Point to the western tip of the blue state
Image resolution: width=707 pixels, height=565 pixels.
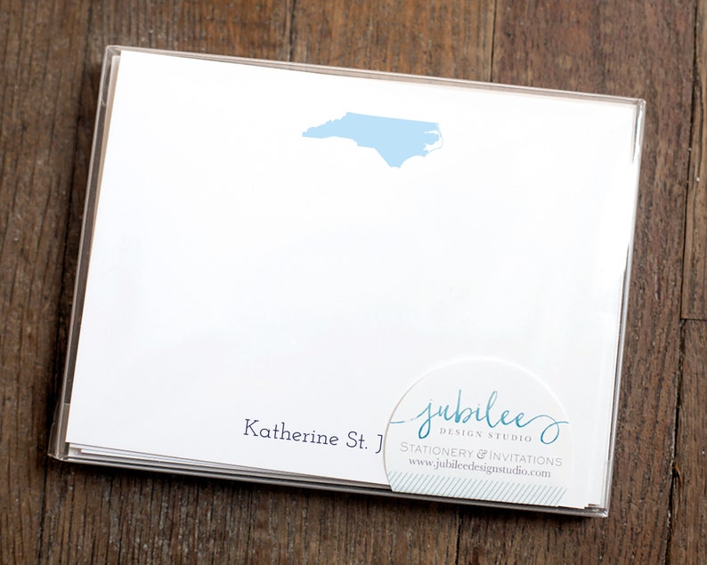(x=305, y=135)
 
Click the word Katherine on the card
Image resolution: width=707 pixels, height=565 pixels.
(x=290, y=435)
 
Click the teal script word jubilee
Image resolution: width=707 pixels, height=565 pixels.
(x=479, y=416)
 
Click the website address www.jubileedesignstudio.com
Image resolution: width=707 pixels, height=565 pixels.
(x=479, y=474)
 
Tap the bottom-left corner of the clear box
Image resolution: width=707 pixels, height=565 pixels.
(x=53, y=456)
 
